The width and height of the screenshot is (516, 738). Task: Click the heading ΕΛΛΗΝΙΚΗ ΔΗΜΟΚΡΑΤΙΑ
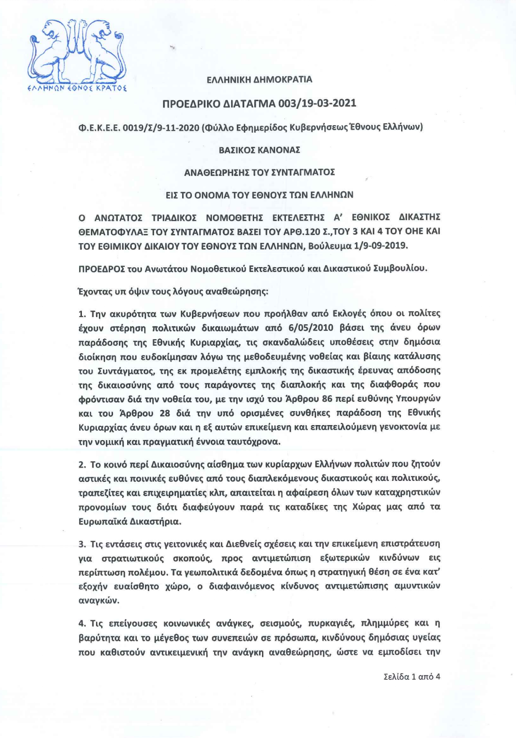pos(259,80)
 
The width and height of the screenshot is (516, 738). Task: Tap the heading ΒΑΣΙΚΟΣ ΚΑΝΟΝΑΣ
pos(259,150)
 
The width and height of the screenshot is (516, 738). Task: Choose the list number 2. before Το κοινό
pos(82,465)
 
